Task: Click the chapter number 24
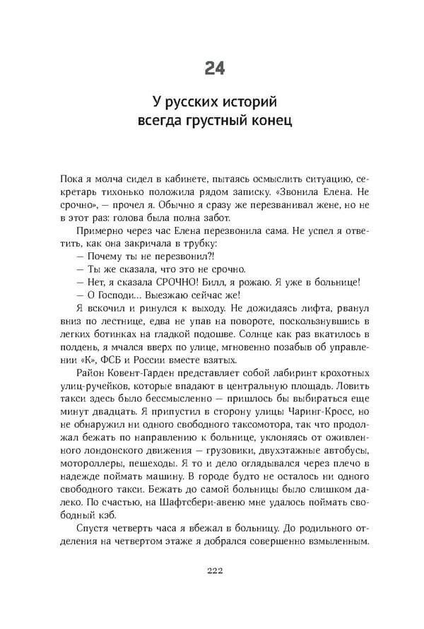[215, 69]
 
